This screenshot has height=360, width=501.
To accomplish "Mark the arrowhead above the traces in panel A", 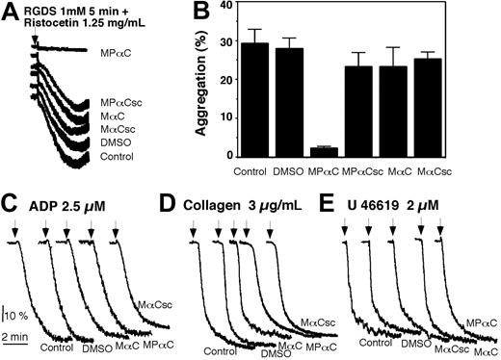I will click(34, 40).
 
